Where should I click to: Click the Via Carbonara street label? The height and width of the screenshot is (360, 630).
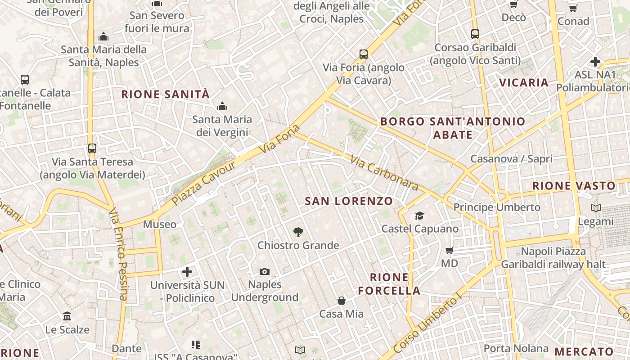(385, 173)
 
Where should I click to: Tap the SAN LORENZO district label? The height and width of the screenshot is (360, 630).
(349, 201)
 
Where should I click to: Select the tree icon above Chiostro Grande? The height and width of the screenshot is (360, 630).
(298, 232)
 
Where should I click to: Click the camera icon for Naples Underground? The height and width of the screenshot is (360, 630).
(265, 271)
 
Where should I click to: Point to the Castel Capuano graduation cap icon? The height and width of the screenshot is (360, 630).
(420, 216)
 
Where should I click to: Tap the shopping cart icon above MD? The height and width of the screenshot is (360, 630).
(449, 250)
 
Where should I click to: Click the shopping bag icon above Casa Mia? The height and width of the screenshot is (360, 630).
(342, 301)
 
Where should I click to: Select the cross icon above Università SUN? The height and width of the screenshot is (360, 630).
(187, 272)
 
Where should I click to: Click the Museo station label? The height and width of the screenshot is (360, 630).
(160, 224)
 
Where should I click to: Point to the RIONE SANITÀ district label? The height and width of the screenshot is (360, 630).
(166, 94)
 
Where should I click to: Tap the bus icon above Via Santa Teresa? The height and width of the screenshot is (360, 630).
(92, 148)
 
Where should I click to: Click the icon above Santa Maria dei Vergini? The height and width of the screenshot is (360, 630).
(222, 107)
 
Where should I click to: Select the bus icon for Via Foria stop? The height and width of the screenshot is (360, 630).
(364, 54)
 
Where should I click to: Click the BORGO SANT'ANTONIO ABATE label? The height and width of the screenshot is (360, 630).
(453, 128)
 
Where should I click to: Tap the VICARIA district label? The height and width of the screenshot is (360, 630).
(524, 83)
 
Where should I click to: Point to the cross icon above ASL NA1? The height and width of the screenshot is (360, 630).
(595, 61)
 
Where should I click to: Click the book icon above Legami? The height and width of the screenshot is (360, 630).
(595, 208)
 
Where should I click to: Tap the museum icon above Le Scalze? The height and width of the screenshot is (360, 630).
(67, 316)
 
